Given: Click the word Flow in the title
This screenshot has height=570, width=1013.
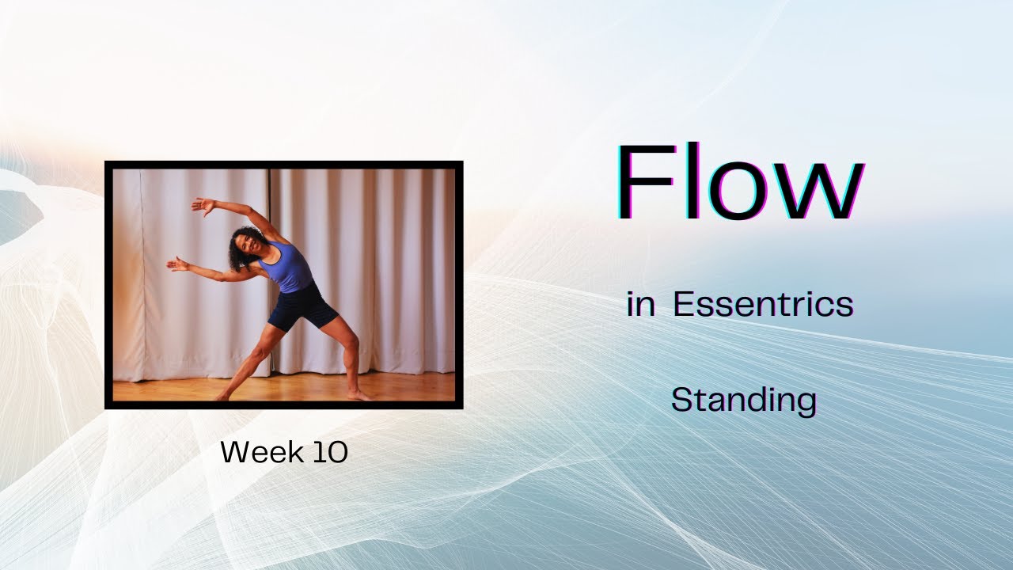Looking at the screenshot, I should [740, 184].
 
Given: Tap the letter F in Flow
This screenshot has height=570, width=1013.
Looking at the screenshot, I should [641, 184].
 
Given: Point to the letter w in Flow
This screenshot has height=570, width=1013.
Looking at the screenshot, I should [823, 194].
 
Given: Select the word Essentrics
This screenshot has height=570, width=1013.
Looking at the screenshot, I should [763, 305].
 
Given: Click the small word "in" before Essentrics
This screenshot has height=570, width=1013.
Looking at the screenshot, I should [641, 305].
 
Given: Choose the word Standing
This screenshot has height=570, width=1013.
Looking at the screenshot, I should [743, 401].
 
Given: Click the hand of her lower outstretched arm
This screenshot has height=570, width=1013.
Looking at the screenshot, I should [176, 264].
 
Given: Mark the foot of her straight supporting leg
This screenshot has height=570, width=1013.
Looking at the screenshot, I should [360, 393].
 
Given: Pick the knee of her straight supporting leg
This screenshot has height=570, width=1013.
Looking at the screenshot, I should [348, 348].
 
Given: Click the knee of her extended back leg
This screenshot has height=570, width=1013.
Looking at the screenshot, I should [252, 358].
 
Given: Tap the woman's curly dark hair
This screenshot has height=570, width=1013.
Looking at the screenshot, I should [241, 237].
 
